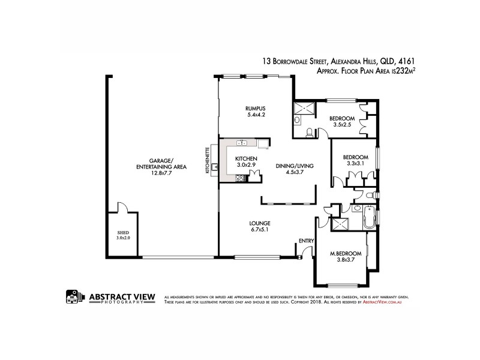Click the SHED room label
(123, 232)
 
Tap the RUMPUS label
(256, 108)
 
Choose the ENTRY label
(306, 241)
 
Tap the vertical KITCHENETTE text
(208, 160)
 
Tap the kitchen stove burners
(240, 178)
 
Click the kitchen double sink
(243, 143)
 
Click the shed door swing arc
(122, 207)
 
